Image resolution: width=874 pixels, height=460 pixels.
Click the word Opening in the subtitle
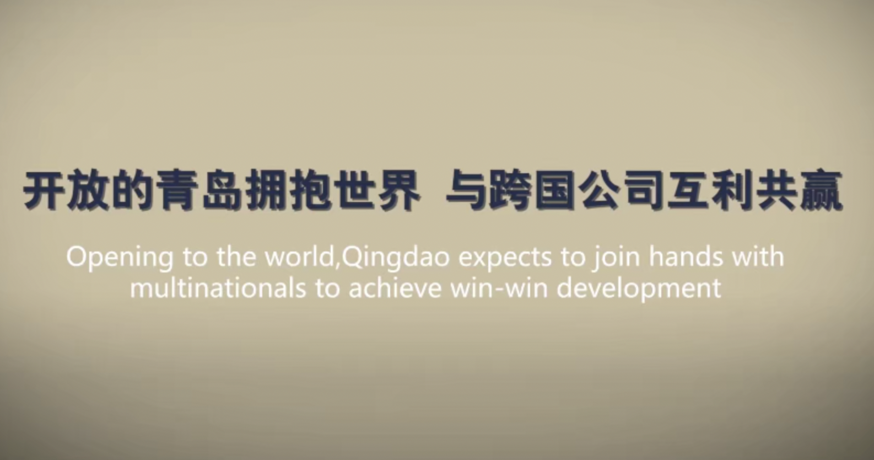tap(120, 258)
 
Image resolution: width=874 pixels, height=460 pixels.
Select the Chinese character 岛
tap(221, 190)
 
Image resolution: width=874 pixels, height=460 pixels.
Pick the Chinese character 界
tap(399, 190)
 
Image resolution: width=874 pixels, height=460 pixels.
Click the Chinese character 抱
tap(310, 190)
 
